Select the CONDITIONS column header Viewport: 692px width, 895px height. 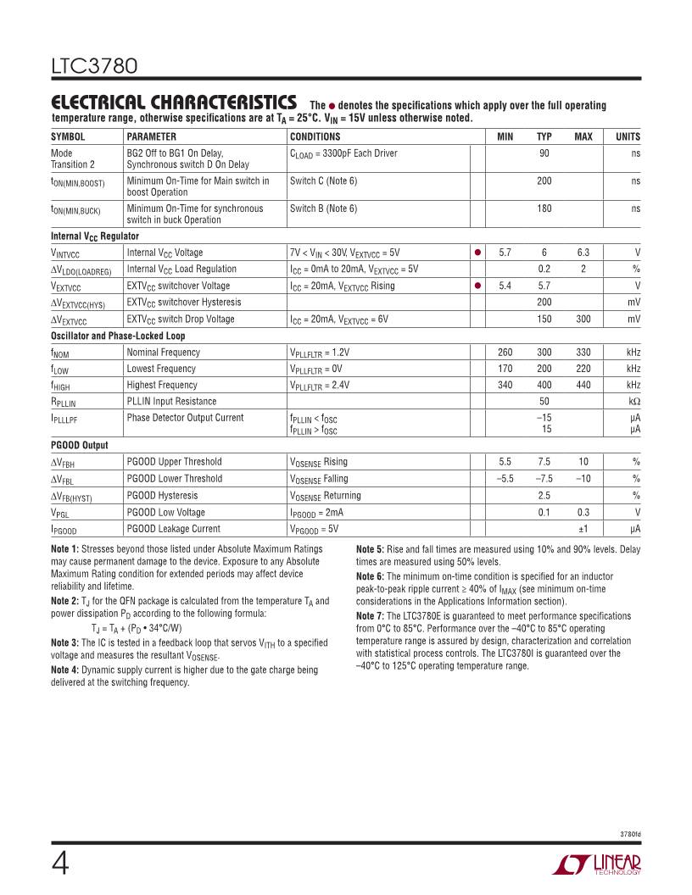coord(315,136)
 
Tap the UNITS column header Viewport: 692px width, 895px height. coord(628,136)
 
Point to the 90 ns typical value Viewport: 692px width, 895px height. coord(544,153)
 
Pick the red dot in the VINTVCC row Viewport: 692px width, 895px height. coord(477,253)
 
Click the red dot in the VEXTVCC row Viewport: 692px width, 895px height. coord(477,286)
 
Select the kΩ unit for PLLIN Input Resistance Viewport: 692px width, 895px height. coord(633,401)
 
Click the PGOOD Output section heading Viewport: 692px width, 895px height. coord(80,445)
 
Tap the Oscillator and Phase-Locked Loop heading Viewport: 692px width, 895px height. coord(118,336)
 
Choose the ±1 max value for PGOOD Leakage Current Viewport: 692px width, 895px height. coord(583,529)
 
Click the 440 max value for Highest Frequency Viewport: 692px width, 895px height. coord(583,385)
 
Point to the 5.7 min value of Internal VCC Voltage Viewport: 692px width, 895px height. coord(505,253)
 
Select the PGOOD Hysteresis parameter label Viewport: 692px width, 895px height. coord(162,495)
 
